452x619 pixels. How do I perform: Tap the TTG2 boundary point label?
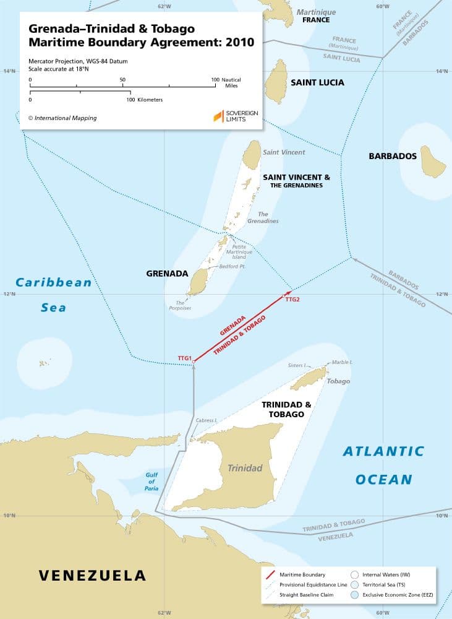292,300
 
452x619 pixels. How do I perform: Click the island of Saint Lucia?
275,83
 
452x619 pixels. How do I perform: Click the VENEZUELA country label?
93,575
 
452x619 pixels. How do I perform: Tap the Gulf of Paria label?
152,482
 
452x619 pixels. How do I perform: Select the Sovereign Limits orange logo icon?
218,116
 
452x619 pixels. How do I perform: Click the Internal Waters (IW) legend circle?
355,574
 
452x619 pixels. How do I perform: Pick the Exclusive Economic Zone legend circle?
355,595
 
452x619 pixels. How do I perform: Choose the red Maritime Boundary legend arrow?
268,574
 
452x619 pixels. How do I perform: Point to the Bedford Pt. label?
232,267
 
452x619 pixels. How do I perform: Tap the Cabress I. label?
206,420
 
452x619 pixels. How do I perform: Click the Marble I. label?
342,362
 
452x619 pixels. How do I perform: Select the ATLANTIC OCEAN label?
383,464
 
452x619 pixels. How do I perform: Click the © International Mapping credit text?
62,118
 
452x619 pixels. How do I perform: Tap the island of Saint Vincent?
252,155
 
